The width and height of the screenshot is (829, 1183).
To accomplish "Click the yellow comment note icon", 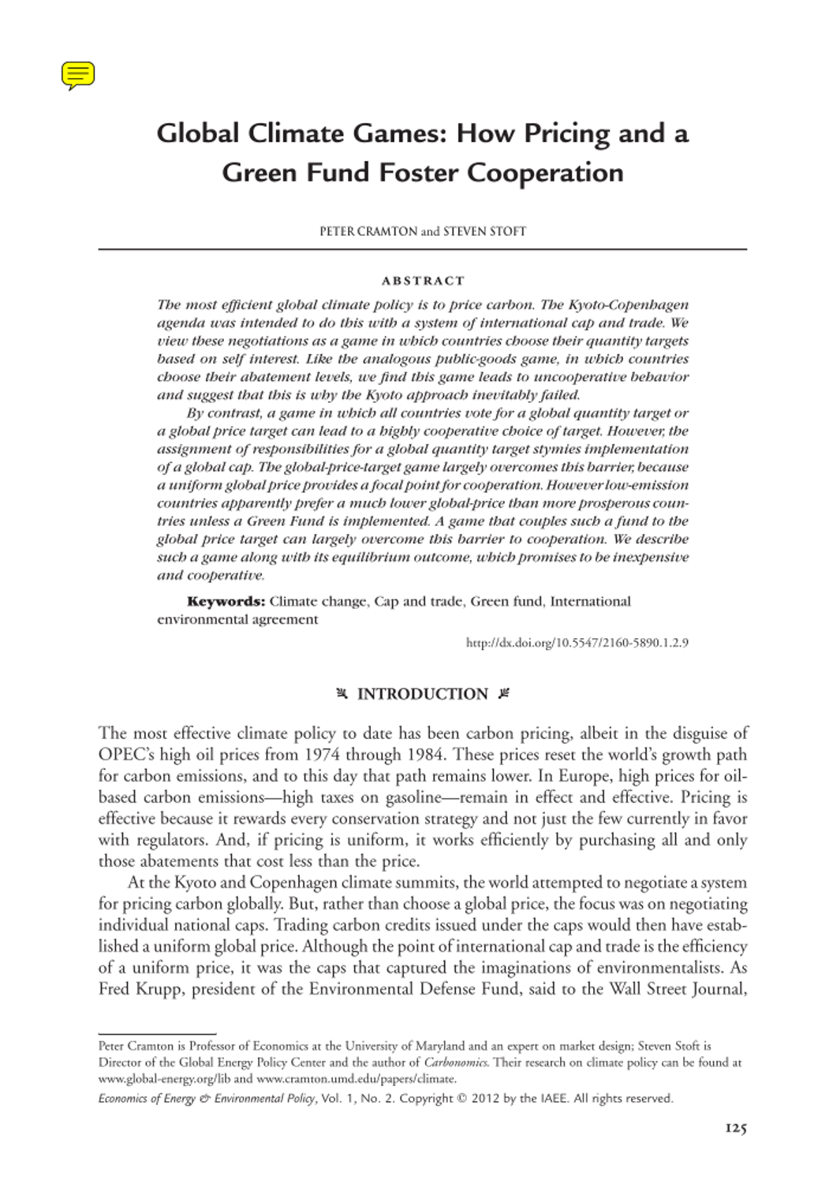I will coord(78,75).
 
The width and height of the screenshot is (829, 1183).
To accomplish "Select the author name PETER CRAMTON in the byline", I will coord(368,231).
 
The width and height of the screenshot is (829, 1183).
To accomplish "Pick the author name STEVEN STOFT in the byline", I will coord(484,231).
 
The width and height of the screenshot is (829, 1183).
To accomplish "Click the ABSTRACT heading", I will coord(423,281).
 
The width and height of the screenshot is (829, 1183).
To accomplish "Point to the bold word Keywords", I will coord(226,601).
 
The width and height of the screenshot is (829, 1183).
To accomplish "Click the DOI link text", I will coord(577,643).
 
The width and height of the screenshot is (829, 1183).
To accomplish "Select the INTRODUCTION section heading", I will coord(423,694).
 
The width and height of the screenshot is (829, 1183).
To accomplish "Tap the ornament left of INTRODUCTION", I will coord(342,694).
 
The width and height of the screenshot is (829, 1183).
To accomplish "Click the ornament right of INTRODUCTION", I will coord(504,694).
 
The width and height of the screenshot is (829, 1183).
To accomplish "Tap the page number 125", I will coord(735,1129).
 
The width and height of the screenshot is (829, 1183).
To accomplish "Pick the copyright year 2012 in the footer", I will coord(485,1099).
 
